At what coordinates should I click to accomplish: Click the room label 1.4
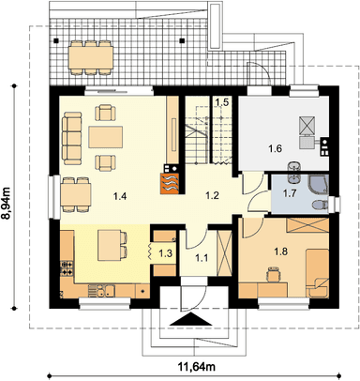(x=120, y=196)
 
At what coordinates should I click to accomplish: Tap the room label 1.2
(x=212, y=196)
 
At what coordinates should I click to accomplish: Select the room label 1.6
(x=275, y=148)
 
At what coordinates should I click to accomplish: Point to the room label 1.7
(x=290, y=193)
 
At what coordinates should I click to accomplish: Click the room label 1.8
(x=280, y=251)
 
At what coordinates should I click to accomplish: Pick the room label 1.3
(x=165, y=253)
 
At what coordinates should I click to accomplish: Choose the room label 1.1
(x=202, y=258)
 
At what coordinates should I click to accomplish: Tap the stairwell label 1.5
(x=222, y=102)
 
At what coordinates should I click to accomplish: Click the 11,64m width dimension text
(x=197, y=366)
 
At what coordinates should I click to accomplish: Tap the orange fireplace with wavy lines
(x=170, y=184)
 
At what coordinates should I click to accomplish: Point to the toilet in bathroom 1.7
(x=320, y=205)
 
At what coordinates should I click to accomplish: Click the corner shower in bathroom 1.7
(x=319, y=184)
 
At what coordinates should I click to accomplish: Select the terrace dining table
(x=91, y=57)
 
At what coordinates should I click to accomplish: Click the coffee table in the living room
(x=105, y=137)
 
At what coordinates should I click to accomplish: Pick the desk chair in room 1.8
(x=273, y=274)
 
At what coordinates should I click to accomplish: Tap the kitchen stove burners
(x=67, y=268)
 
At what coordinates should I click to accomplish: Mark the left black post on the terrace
(x=56, y=40)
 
